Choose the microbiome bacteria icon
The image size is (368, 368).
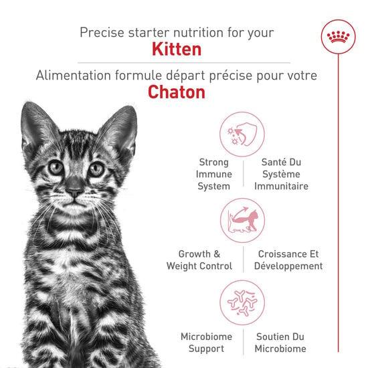pos(242,302)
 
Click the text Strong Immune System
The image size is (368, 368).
pos(213,174)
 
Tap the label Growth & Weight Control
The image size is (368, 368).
pos(199,260)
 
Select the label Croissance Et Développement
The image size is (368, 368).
pos(288,260)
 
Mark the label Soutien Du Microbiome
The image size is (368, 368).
pos(280,343)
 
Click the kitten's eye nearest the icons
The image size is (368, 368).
pos(98,169)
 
